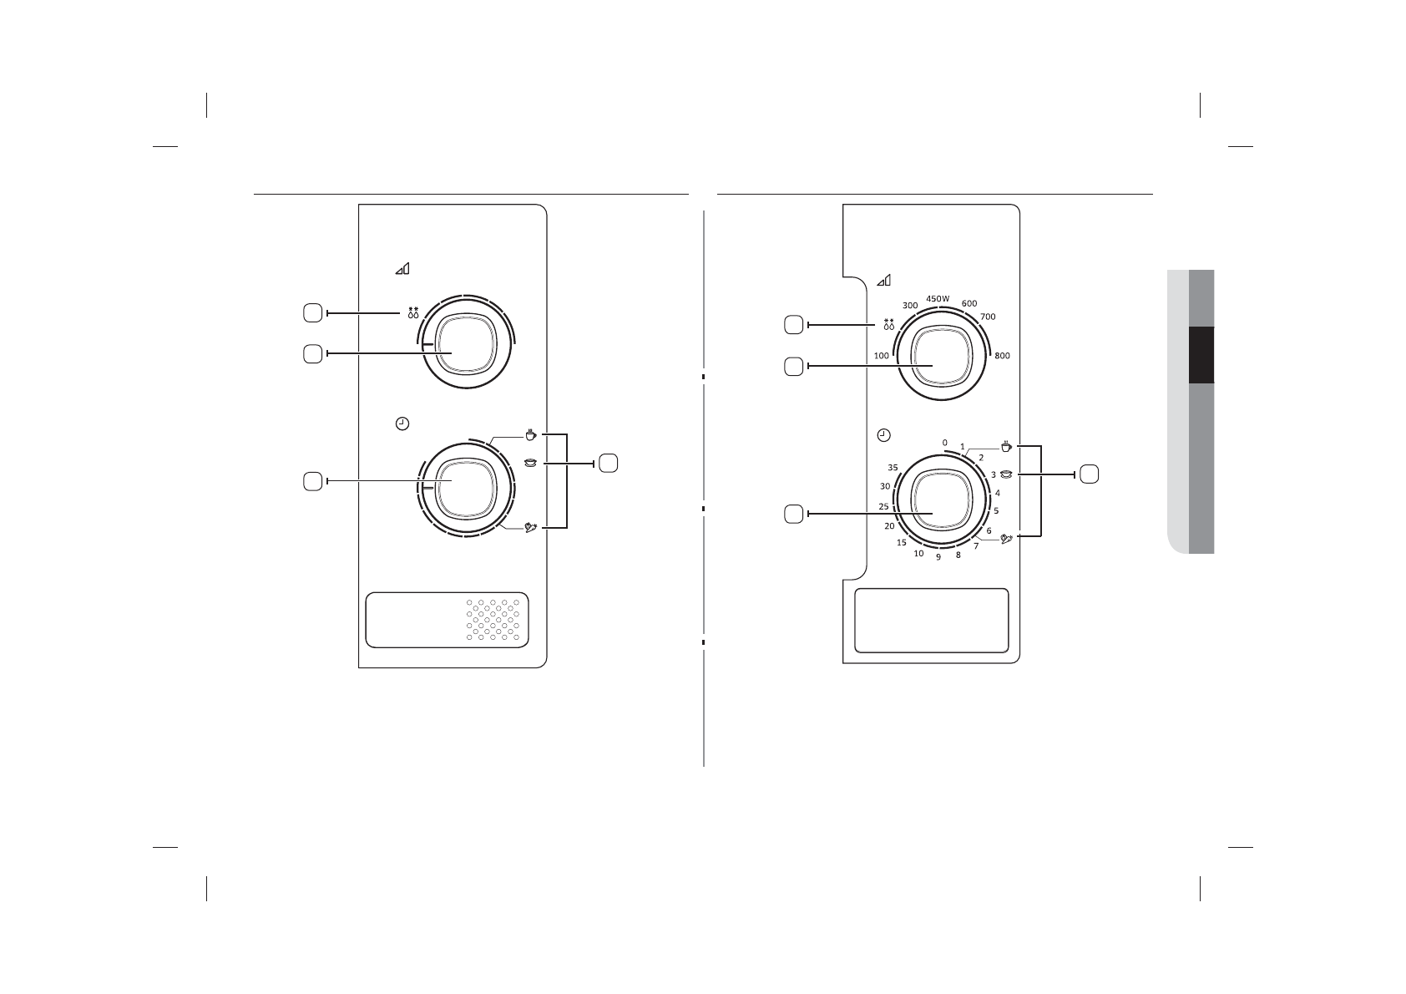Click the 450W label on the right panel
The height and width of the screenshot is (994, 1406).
pyautogui.click(x=938, y=299)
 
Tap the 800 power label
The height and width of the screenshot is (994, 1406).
pyautogui.click(x=1003, y=356)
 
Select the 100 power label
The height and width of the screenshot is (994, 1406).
pyautogui.click(x=882, y=356)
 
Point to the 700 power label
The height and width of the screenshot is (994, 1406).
pyautogui.click(x=988, y=317)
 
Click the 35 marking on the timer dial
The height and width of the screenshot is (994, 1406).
pyautogui.click(x=893, y=468)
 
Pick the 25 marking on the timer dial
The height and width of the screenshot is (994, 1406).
pyautogui.click(x=884, y=507)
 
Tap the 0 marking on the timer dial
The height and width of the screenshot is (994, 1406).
pyautogui.click(x=944, y=443)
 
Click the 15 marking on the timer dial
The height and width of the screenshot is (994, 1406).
pyautogui.click(x=902, y=543)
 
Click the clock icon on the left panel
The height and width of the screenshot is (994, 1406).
pyautogui.click(x=402, y=423)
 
